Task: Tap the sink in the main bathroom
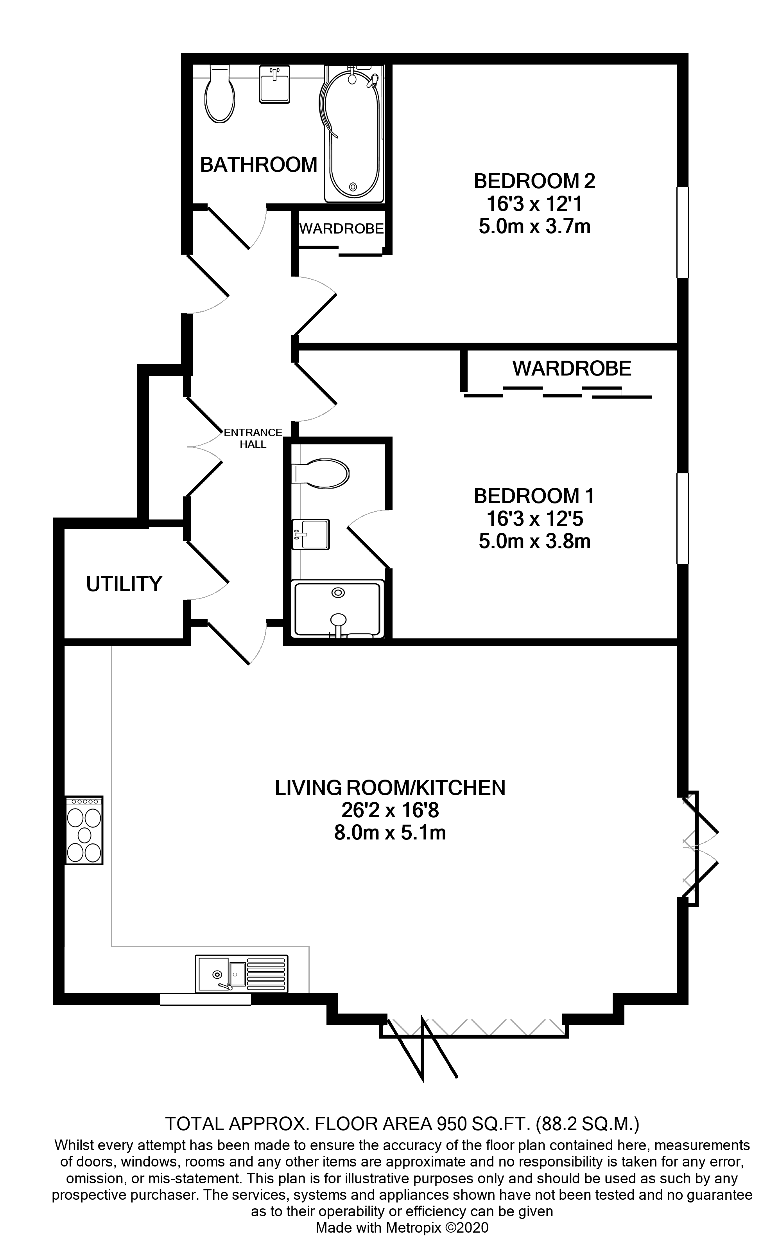click(275, 84)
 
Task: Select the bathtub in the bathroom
click(352, 134)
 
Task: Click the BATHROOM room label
click(258, 165)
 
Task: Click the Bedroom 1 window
click(682, 518)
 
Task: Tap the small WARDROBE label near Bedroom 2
click(341, 228)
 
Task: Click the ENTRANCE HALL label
click(253, 438)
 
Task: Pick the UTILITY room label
click(124, 584)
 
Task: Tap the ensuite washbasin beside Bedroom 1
click(310, 534)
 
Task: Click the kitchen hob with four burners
click(84, 830)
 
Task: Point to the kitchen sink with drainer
click(241, 974)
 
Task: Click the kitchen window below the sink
click(206, 999)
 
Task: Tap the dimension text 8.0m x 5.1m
click(390, 832)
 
